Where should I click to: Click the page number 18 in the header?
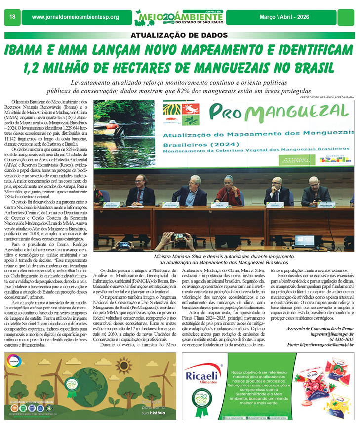point(12,17)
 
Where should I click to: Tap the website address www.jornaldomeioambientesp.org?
point(75,17)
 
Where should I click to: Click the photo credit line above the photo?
point(327,98)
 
